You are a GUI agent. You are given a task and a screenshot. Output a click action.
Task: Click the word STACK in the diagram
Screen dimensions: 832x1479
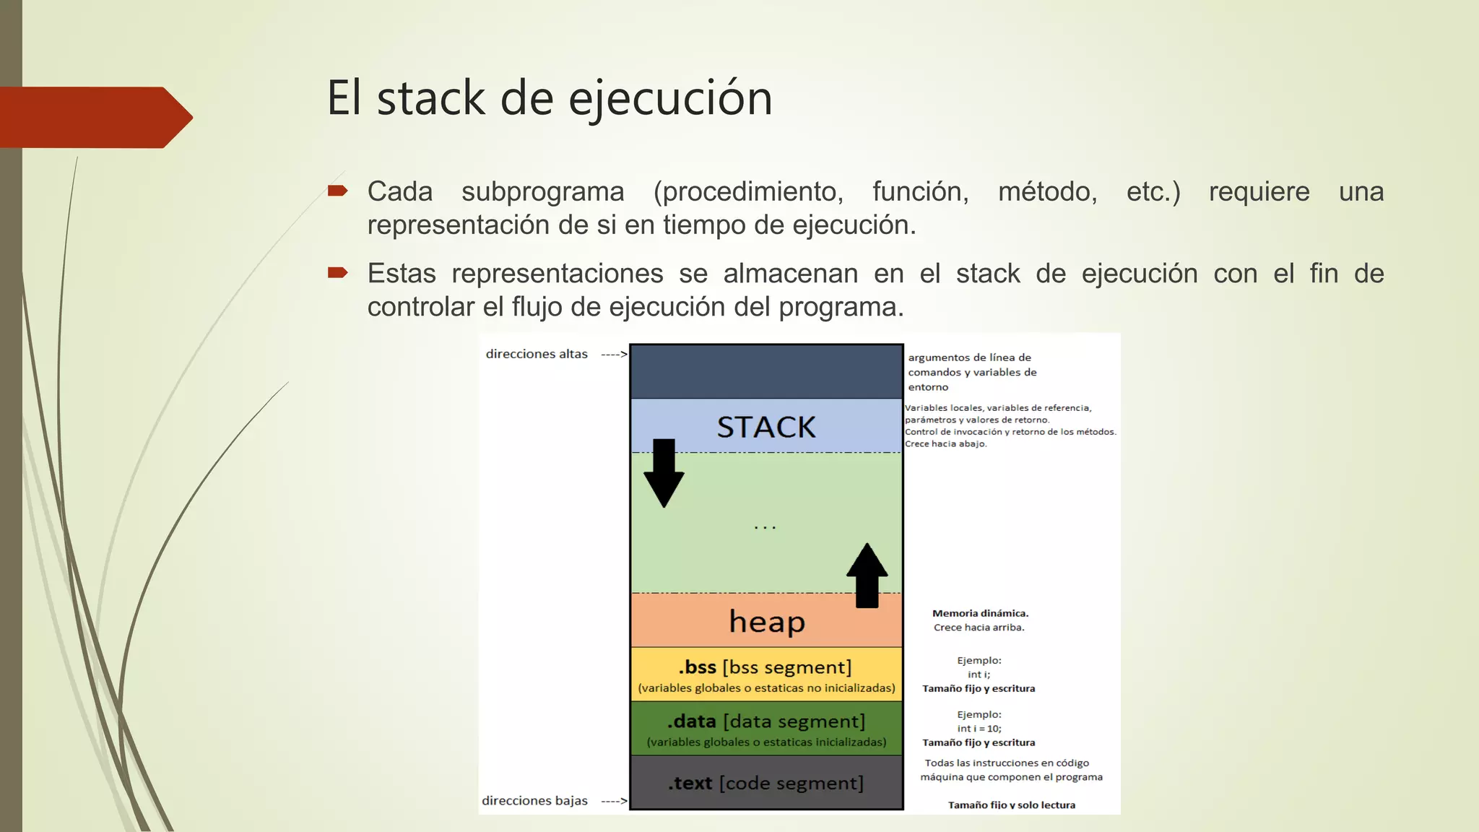click(766, 427)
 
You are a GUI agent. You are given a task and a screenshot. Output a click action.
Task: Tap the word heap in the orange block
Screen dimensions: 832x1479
click(766, 622)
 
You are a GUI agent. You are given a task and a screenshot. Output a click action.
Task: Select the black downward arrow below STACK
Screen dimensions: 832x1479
click(664, 473)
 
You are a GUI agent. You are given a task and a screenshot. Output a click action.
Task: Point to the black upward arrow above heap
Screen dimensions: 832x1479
click(867, 575)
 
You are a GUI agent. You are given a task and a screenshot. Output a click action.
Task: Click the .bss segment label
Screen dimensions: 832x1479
click(765, 667)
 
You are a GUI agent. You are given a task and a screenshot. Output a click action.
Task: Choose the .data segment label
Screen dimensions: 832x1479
click(765, 721)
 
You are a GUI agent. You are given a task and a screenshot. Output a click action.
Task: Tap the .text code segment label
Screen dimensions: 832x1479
click(765, 783)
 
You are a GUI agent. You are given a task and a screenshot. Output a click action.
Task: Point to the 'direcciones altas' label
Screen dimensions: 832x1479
click(537, 354)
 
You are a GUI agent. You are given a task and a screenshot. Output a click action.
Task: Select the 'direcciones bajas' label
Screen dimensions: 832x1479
click(534, 800)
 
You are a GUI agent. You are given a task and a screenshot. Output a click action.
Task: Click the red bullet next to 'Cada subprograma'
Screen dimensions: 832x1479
click(337, 191)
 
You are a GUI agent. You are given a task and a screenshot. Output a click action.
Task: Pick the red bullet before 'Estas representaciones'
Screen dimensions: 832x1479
click(337, 273)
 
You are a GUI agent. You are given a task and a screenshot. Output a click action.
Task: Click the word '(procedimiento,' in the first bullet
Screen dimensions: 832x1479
click(748, 192)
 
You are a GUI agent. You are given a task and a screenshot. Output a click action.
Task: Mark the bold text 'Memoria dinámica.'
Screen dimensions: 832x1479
click(980, 613)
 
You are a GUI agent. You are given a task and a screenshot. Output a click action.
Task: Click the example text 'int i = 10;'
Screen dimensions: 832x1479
click(979, 728)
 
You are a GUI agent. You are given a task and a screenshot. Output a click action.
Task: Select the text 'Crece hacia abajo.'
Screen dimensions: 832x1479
click(946, 443)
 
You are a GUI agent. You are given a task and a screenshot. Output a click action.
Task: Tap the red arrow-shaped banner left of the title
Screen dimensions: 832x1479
click(94, 117)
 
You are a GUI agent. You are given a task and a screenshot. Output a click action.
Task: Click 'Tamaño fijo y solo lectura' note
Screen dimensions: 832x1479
click(1011, 805)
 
